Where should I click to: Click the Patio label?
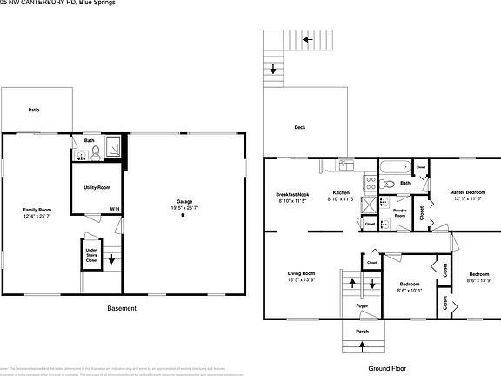pyautogui.click(x=34, y=111)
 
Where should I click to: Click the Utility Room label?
pyautogui.click(x=97, y=187)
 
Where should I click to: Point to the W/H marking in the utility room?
pyautogui.click(x=115, y=208)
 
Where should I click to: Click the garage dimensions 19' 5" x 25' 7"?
pyautogui.click(x=184, y=208)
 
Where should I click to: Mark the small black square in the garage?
pyautogui.click(x=184, y=216)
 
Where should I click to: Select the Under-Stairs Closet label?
pyautogui.click(x=91, y=255)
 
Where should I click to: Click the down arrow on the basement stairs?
pyautogui.click(x=110, y=259)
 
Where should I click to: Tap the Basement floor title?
pyautogui.click(x=121, y=309)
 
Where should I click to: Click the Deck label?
pyautogui.click(x=299, y=128)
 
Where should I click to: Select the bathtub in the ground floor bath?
pyautogui.click(x=394, y=167)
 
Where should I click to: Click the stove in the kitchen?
pyautogui.click(x=369, y=184)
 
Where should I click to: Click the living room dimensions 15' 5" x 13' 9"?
pyautogui.click(x=301, y=280)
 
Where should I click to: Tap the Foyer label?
pyautogui.click(x=362, y=305)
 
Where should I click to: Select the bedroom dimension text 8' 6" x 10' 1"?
pyautogui.click(x=410, y=291)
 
